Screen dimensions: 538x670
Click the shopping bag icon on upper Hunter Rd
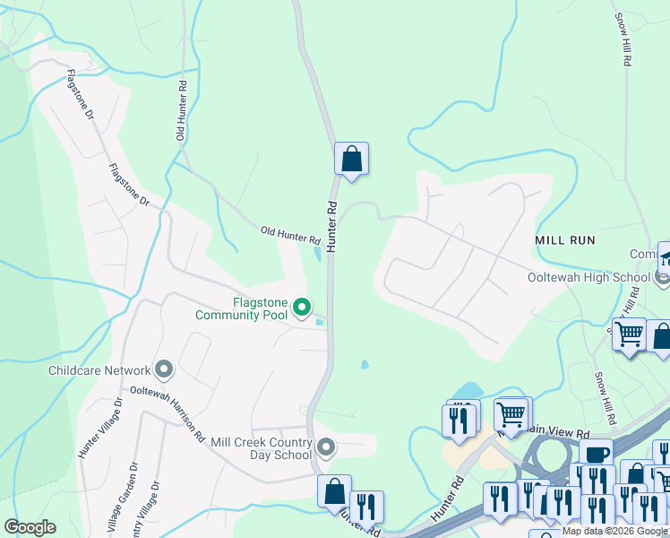click(x=352, y=160)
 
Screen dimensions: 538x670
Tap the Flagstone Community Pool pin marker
click(x=303, y=308)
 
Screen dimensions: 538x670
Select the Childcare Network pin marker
click(x=164, y=369)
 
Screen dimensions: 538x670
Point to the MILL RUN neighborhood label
click(x=565, y=241)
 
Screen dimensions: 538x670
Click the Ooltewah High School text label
click(x=588, y=277)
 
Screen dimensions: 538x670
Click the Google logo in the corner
click(x=30, y=527)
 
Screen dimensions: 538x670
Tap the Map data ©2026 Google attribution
click(x=614, y=532)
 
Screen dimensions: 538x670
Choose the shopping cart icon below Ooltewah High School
click(x=630, y=334)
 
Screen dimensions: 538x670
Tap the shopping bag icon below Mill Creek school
click(x=334, y=492)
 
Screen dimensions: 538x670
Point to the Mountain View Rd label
click(x=555, y=432)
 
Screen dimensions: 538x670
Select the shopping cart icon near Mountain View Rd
click(x=511, y=413)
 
